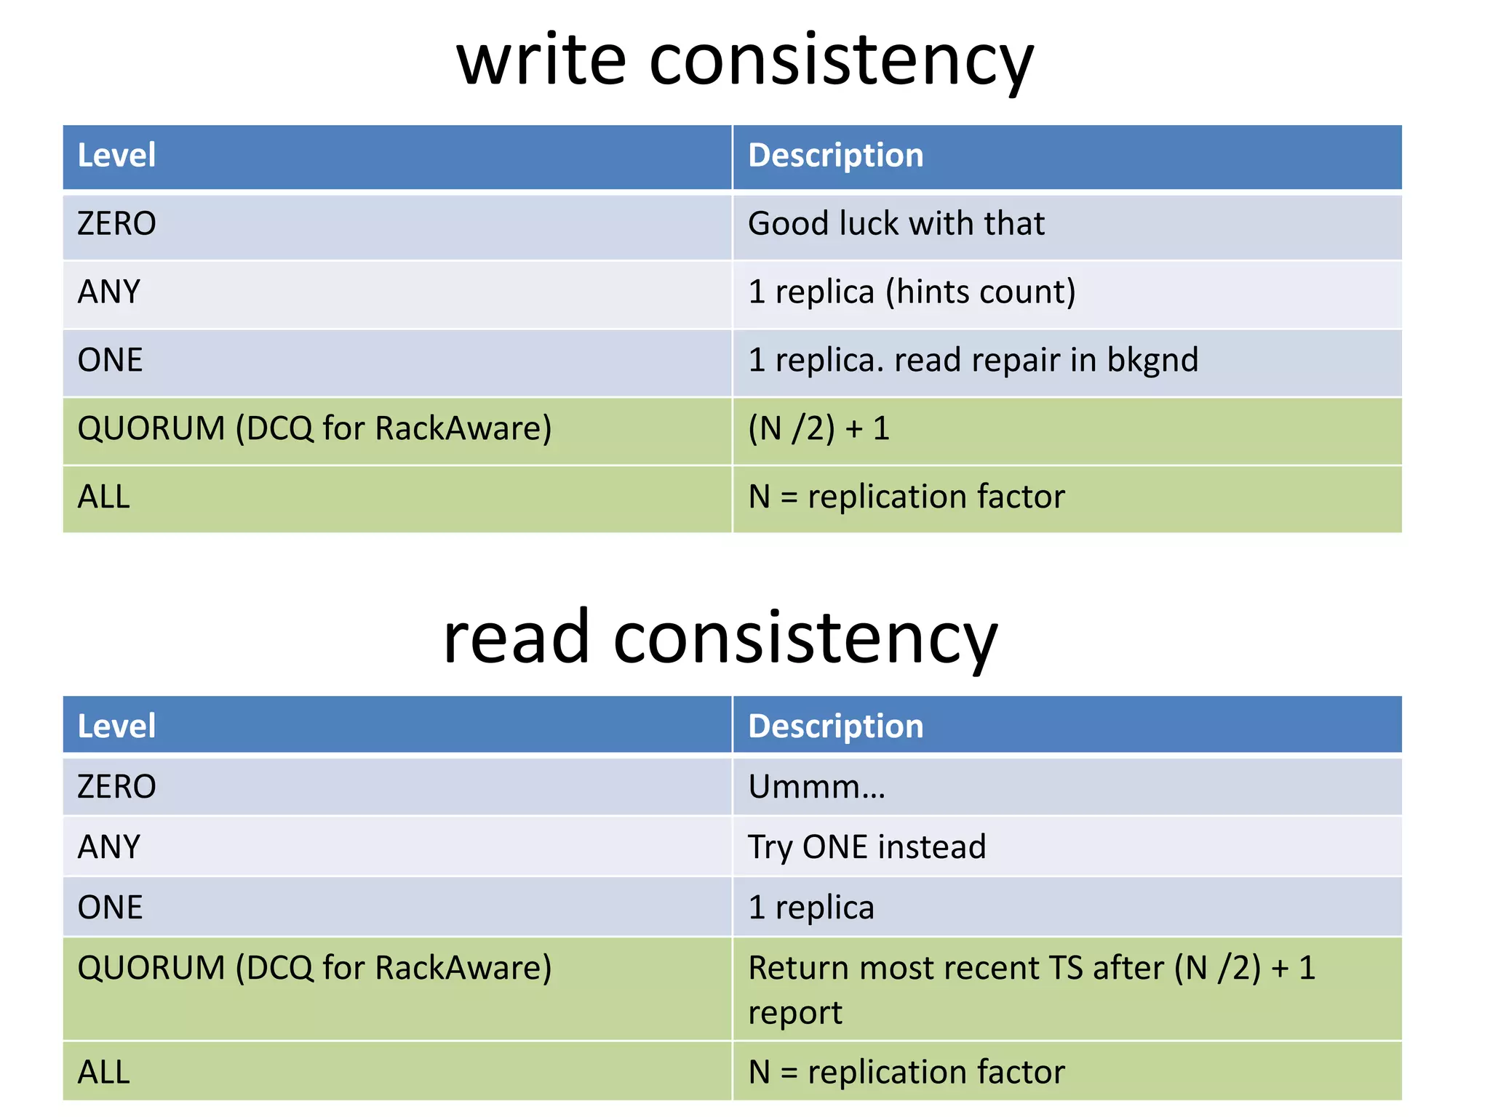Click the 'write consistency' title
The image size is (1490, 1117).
point(744,61)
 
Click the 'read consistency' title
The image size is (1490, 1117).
point(720,637)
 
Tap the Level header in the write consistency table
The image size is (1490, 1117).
point(116,156)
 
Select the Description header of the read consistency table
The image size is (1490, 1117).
point(835,726)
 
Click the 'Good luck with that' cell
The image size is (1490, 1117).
point(896,223)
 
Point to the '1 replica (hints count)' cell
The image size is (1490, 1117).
point(912,292)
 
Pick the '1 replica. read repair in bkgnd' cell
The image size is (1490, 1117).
point(973,360)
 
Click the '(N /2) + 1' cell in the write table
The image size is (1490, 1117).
point(818,428)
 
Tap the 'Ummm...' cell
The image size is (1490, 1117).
point(816,787)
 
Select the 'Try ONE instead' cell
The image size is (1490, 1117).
point(866,847)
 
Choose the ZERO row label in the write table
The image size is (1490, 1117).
point(116,223)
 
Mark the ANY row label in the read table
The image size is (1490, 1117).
point(109,847)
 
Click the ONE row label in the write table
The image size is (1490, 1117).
point(110,360)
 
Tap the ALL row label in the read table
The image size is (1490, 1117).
point(104,1072)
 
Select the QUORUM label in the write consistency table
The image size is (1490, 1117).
point(151,428)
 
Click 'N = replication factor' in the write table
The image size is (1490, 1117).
point(906,497)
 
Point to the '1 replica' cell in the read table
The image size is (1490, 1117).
point(810,908)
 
